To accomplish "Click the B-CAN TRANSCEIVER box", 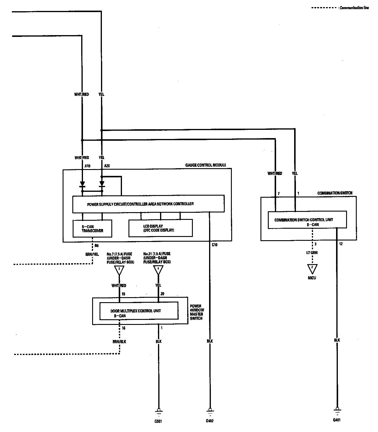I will [92, 228].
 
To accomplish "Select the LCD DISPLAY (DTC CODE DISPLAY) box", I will [160, 228].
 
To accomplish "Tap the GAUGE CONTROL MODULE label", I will [206, 165].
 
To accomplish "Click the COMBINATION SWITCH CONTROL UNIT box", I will [307, 220].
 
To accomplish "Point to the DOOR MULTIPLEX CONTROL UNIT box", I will [139, 311].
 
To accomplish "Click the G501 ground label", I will [158, 421].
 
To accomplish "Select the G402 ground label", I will [210, 421].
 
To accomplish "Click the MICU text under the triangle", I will [312, 278].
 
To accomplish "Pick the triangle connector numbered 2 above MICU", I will [312, 269].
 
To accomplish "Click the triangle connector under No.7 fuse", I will [119, 269].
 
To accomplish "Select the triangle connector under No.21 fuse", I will [158, 269].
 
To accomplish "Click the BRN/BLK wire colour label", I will [120, 341].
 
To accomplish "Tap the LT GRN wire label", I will [312, 253].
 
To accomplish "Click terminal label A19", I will [87, 166].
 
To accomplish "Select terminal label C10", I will [215, 245].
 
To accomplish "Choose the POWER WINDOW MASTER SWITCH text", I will [197, 312].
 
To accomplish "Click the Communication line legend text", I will [354, 8].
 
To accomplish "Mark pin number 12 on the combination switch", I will [341, 244].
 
